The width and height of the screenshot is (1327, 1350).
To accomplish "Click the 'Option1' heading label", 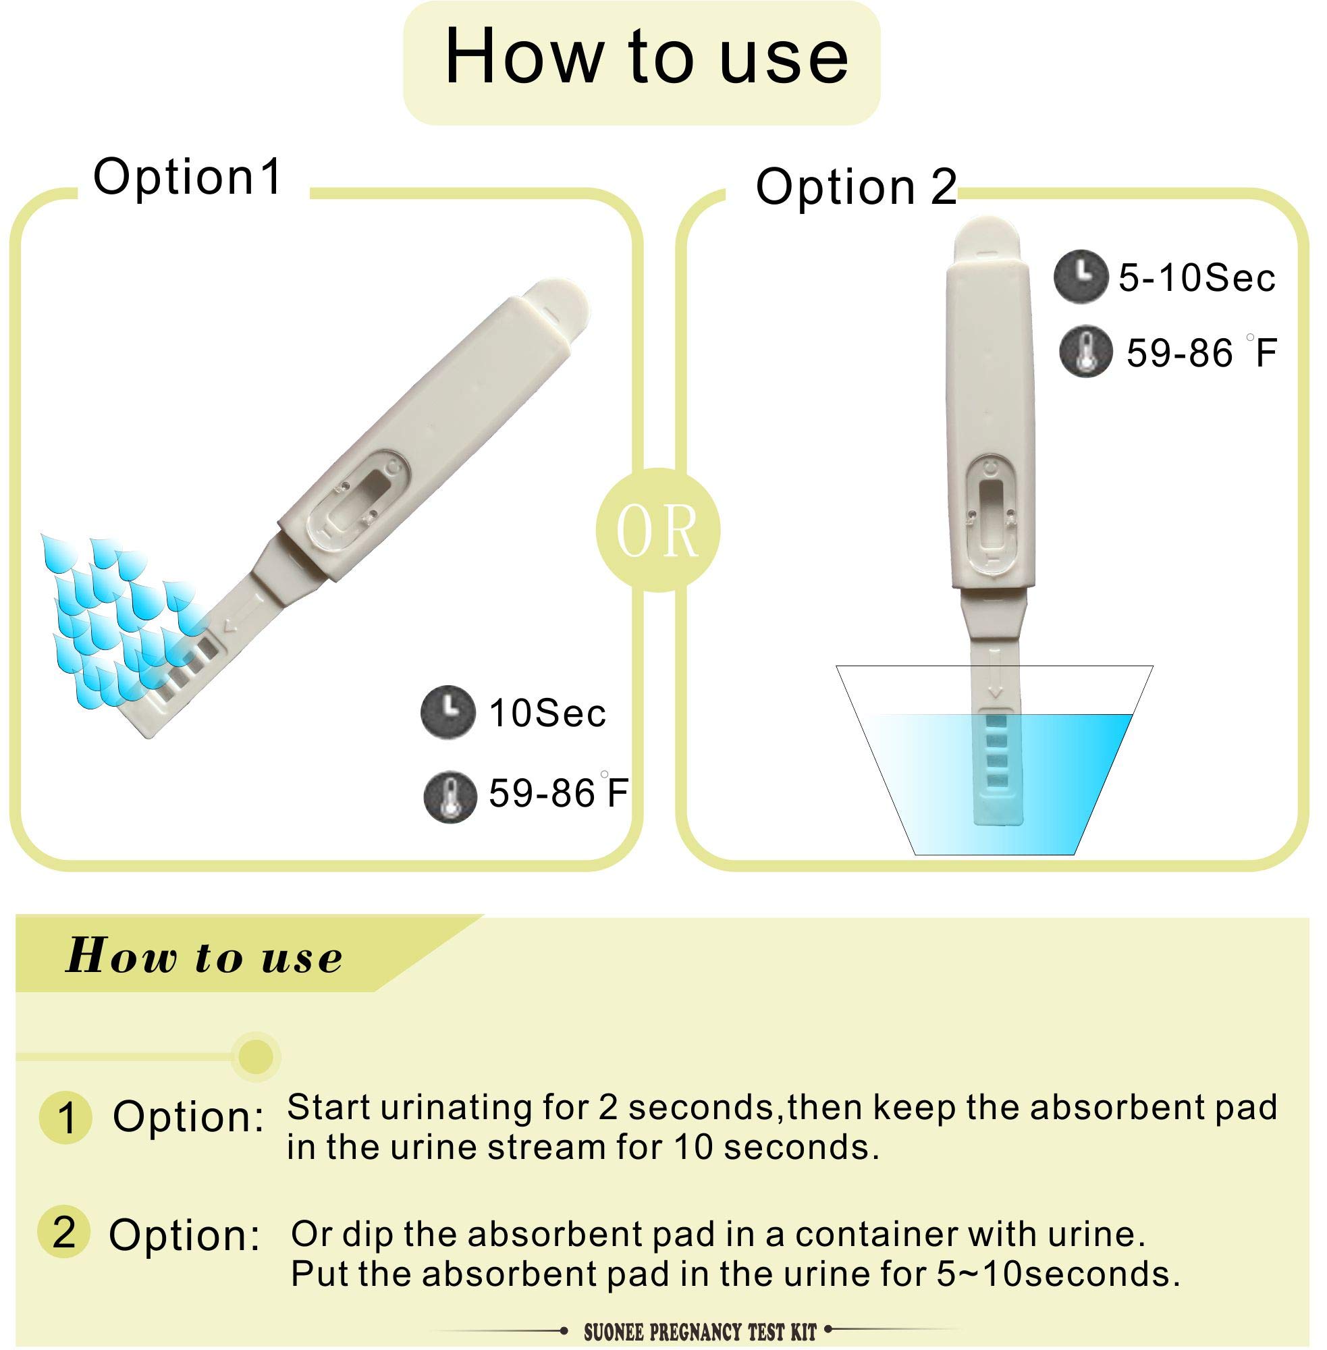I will tap(188, 177).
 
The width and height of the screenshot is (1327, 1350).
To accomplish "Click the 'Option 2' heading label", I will tap(856, 188).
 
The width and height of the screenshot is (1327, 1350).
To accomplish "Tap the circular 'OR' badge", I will tap(657, 531).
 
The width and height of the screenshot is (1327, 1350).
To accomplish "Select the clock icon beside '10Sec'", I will tap(448, 711).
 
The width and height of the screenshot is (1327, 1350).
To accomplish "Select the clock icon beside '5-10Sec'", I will tap(1079, 276).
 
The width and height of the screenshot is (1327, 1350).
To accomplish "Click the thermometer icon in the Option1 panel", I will tap(450, 796).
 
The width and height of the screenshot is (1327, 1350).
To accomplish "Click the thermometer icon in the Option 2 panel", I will tap(1085, 352).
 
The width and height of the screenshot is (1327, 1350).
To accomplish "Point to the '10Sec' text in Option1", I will tap(548, 713).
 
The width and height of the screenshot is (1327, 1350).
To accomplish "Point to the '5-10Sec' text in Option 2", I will tap(1197, 277).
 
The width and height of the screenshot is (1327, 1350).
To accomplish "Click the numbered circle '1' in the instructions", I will tap(66, 1118).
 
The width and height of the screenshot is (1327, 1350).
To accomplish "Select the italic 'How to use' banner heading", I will tap(205, 956).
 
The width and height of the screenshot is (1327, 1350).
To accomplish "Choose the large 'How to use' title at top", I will tap(645, 58).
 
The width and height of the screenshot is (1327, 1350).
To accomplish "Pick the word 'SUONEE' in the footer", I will tap(614, 1332).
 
